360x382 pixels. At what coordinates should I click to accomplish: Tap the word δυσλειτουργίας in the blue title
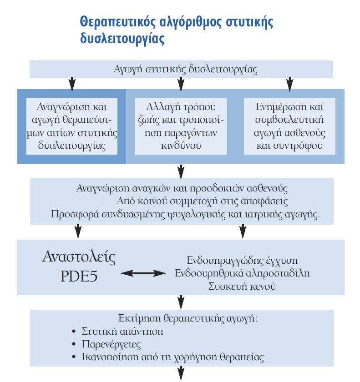[x=122, y=39]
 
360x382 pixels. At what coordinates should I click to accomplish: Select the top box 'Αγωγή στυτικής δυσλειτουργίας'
[x=181, y=69]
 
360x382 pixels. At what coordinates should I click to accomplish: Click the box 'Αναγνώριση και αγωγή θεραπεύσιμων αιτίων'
[x=72, y=126]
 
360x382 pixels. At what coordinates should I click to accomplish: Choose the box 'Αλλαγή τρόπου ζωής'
[x=181, y=126]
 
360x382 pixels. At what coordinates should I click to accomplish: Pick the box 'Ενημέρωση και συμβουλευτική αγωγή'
[x=289, y=126]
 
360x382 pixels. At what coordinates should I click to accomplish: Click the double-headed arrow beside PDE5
[x=143, y=273]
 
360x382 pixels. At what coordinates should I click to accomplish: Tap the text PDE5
[x=79, y=276]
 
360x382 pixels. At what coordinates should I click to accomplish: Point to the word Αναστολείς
[x=79, y=257]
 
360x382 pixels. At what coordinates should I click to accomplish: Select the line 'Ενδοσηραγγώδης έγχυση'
[x=242, y=261]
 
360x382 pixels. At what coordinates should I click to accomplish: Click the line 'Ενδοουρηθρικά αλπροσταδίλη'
[x=242, y=273]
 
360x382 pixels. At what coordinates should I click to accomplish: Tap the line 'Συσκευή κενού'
[x=242, y=286]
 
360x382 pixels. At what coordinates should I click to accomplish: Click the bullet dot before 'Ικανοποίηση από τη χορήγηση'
[x=74, y=357]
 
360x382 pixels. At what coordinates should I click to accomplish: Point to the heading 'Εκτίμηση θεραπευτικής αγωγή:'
[x=188, y=318]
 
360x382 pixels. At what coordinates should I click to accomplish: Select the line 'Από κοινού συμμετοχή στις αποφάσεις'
[x=203, y=201]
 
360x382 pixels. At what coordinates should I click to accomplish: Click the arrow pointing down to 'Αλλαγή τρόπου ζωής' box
[x=181, y=84]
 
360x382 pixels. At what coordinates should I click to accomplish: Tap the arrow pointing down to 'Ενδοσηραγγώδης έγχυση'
[x=243, y=231]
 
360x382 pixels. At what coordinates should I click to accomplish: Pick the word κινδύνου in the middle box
[x=181, y=146]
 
